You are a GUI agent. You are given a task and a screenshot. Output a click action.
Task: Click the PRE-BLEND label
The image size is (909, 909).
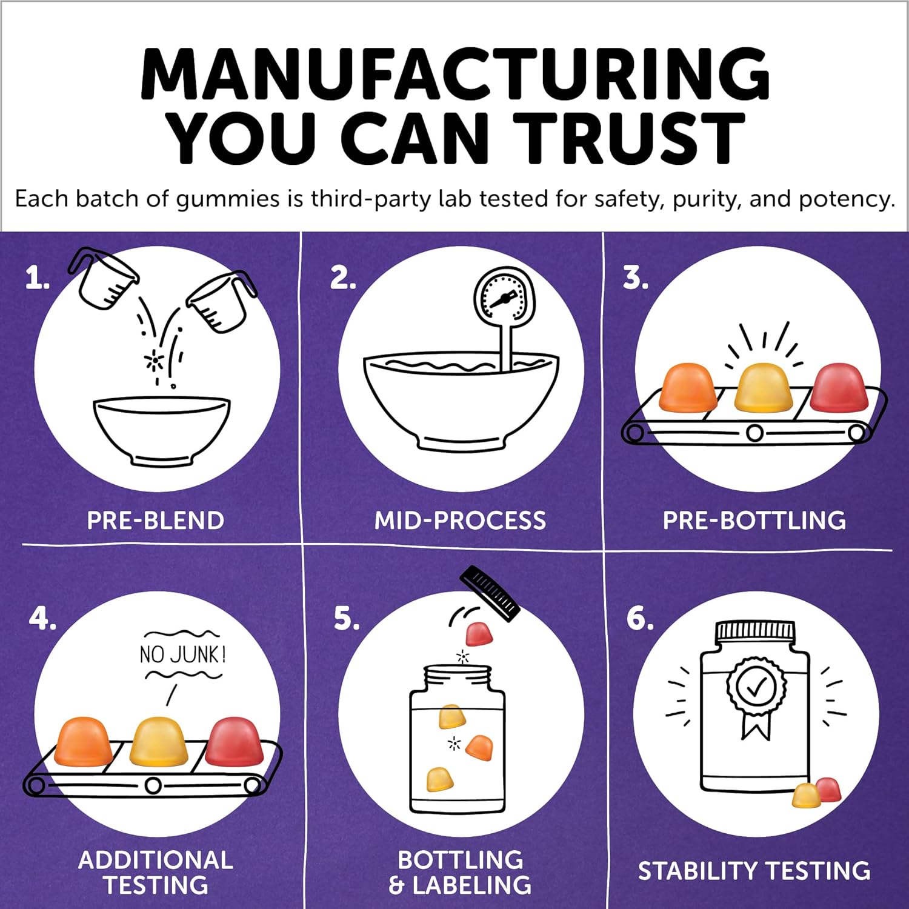(156, 521)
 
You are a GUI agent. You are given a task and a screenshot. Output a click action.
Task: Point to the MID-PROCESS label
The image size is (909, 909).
(460, 521)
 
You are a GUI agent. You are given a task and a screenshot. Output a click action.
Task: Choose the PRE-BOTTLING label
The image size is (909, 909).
(754, 521)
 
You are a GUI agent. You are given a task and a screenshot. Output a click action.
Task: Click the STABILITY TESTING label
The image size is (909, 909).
(754, 871)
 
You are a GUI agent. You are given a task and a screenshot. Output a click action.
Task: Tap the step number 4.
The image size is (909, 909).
(41, 618)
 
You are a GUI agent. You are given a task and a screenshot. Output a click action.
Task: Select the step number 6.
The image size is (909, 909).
(639, 618)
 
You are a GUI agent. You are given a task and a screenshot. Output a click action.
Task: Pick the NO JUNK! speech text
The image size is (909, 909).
(183, 654)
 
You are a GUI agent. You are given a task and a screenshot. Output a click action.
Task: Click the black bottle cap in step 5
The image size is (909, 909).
(490, 593)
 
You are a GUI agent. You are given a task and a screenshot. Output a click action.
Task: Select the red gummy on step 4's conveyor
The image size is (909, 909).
(235, 741)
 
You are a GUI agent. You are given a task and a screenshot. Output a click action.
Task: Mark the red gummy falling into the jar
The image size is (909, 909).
(479, 634)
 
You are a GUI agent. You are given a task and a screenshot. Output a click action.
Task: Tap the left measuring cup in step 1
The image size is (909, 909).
(103, 278)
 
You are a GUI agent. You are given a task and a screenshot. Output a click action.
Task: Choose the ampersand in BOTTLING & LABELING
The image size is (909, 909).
(396, 885)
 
